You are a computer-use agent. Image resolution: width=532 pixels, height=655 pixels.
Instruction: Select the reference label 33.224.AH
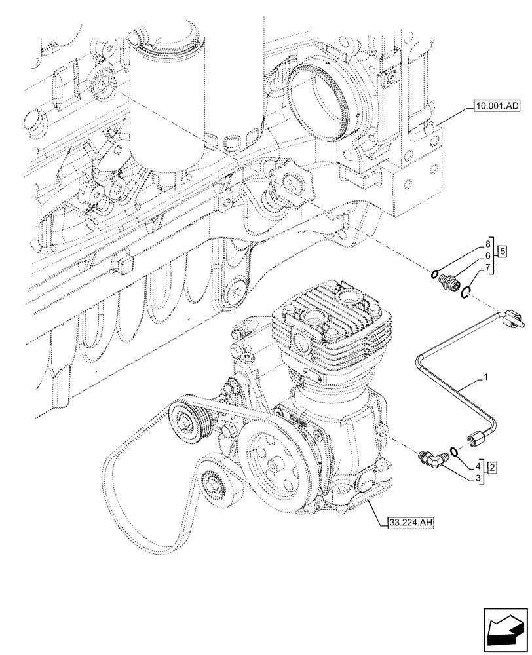click(x=407, y=522)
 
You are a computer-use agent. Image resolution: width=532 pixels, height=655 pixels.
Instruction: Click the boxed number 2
click(x=491, y=468)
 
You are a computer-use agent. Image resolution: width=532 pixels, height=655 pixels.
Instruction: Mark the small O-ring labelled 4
click(x=453, y=451)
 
